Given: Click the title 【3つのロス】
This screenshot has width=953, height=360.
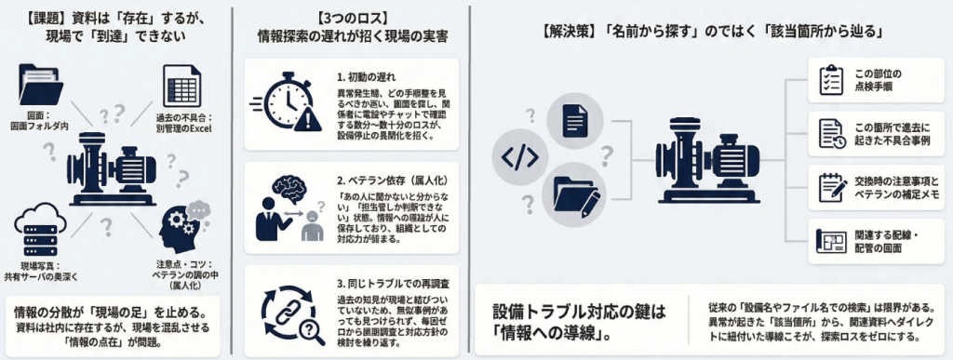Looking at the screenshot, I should [352, 15].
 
